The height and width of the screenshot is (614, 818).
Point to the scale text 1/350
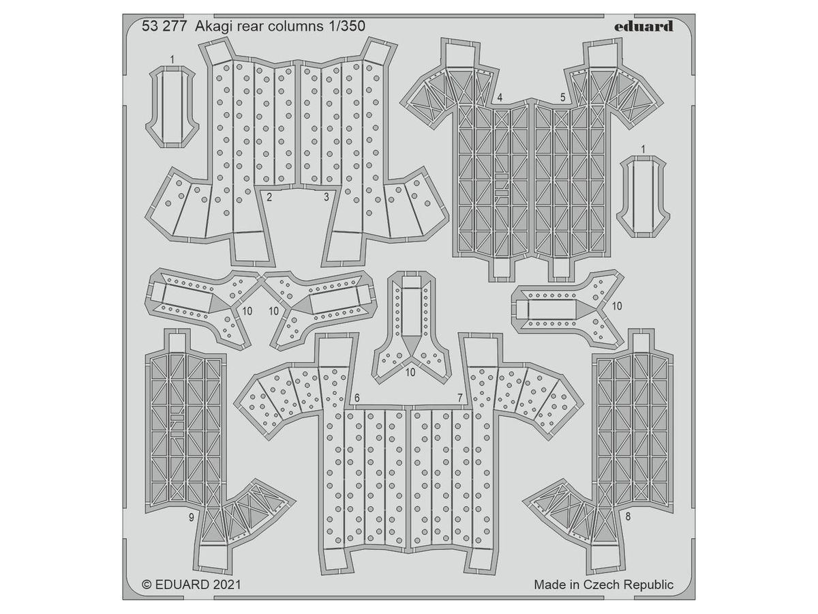pyautogui.click(x=346, y=27)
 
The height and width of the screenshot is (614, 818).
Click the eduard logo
pyautogui.click(x=644, y=27)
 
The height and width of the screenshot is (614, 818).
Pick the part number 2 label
pyautogui.click(x=270, y=197)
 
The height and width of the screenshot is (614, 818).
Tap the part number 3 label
pyautogui.click(x=327, y=197)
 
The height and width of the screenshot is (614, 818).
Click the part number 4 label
pyautogui.click(x=500, y=98)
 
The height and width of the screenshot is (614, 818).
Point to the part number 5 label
pyautogui.click(x=563, y=98)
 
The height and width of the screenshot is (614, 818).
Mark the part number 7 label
pyautogui.click(x=460, y=398)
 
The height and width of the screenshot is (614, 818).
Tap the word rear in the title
pyautogui.click(x=247, y=27)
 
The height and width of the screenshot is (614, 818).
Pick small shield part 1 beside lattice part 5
pyautogui.click(x=643, y=194)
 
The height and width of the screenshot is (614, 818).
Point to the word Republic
pyautogui.click(x=648, y=585)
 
